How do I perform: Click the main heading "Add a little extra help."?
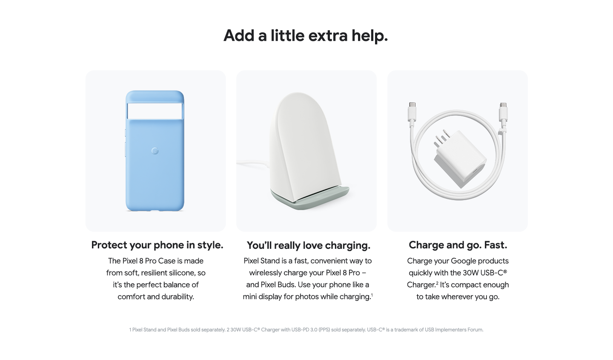(306, 36)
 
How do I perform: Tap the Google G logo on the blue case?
(155, 151)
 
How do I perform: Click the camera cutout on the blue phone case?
(155, 111)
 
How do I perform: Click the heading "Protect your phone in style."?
(157, 245)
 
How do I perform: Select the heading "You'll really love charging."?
(308, 245)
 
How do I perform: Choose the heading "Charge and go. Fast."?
(458, 245)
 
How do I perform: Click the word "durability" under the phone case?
(178, 297)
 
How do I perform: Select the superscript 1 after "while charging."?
(372, 295)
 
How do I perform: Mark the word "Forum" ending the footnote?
(476, 330)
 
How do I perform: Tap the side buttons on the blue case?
(125, 142)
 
